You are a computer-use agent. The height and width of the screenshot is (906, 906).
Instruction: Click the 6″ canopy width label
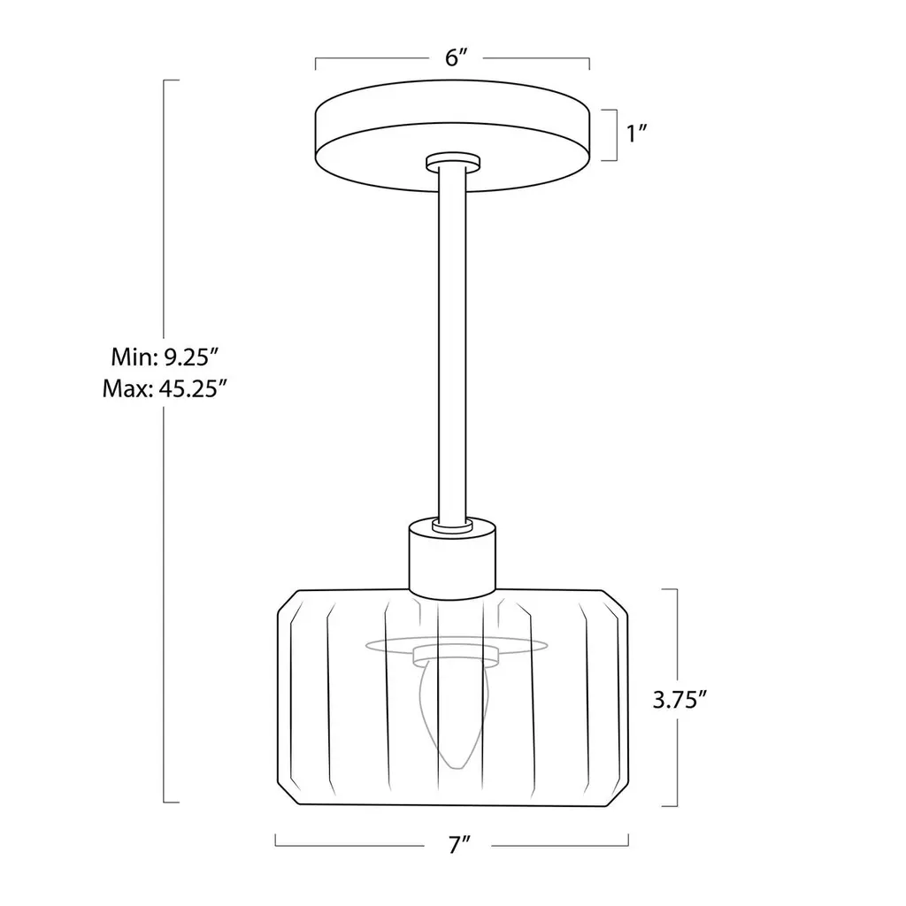pyautogui.click(x=456, y=58)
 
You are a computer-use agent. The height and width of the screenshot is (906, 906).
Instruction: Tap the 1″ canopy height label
pyautogui.click(x=636, y=134)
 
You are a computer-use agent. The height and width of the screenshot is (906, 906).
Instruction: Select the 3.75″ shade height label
pyautogui.click(x=679, y=700)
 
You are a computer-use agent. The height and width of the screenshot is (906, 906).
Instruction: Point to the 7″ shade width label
pyautogui.click(x=459, y=845)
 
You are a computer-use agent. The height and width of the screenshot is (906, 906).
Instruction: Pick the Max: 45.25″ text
pyautogui.click(x=164, y=389)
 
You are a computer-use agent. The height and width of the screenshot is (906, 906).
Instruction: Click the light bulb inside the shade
pyautogui.click(x=457, y=715)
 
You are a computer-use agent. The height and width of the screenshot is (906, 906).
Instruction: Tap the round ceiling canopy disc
pyautogui.click(x=452, y=135)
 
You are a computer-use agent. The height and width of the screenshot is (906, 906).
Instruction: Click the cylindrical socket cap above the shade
pyautogui.click(x=452, y=558)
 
